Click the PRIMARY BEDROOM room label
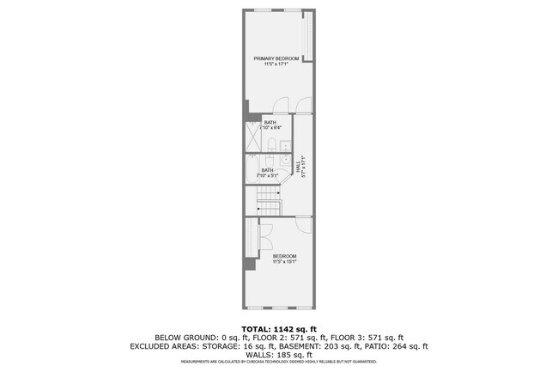[x=275, y=58]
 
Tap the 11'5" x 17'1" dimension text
[x=275, y=64]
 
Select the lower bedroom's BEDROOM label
[x=284, y=256]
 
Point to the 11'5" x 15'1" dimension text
[x=284, y=262]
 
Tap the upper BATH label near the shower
[x=270, y=123]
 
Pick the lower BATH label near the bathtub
[x=267, y=170]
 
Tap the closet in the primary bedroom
[x=309, y=35]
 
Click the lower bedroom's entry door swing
[x=303, y=223]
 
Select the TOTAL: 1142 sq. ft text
[x=279, y=328]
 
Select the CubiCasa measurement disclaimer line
[x=279, y=361]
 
